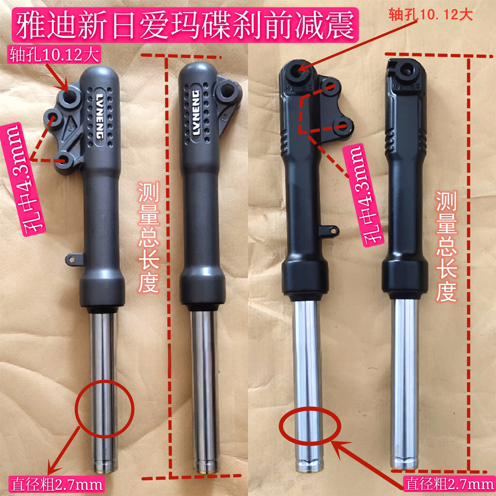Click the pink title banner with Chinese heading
point(185,25)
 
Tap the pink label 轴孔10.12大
point(55,55)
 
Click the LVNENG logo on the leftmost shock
point(100,116)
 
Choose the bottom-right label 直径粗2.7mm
point(449,484)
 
